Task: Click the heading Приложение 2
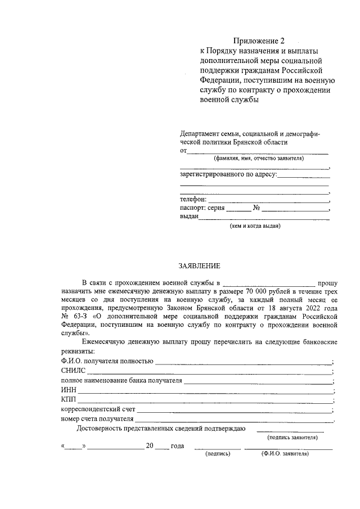click(259, 40)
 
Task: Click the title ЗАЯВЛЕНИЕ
click(199, 265)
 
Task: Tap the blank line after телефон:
click(268, 199)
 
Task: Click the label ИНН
click(67, 390)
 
